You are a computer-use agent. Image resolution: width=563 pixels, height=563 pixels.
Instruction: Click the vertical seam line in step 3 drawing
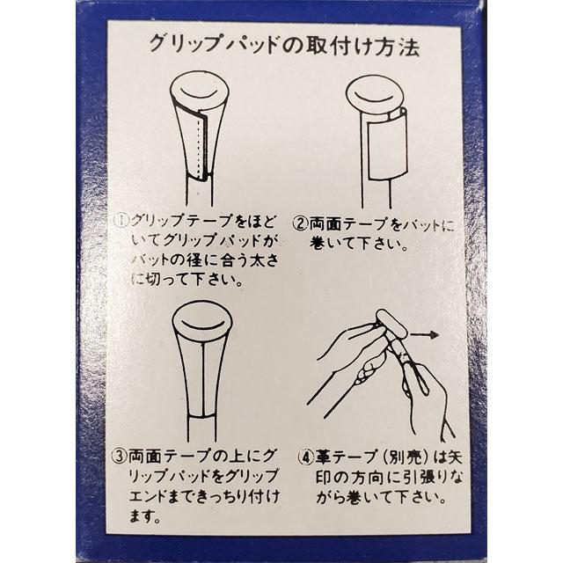coord(203,378)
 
